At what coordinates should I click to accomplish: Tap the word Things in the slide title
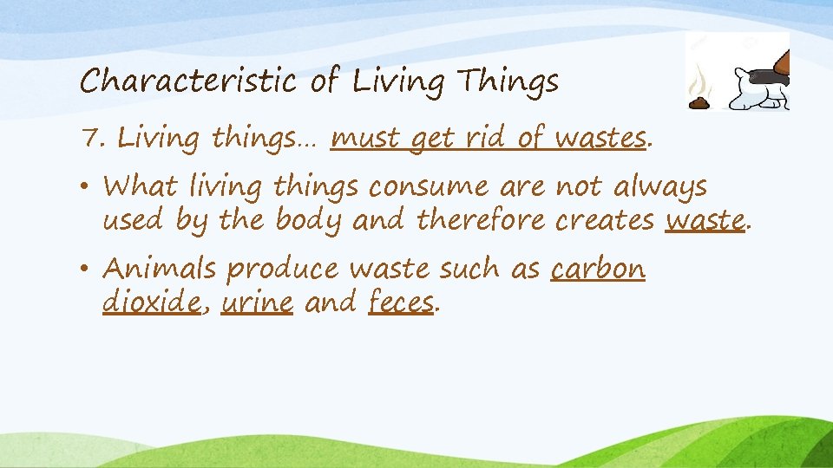[509, 83]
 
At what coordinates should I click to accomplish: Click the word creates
[605, 221]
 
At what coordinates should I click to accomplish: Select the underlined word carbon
[598, 270]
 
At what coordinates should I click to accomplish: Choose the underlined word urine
[257, 303]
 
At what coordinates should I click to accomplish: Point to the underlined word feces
[400, 303]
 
